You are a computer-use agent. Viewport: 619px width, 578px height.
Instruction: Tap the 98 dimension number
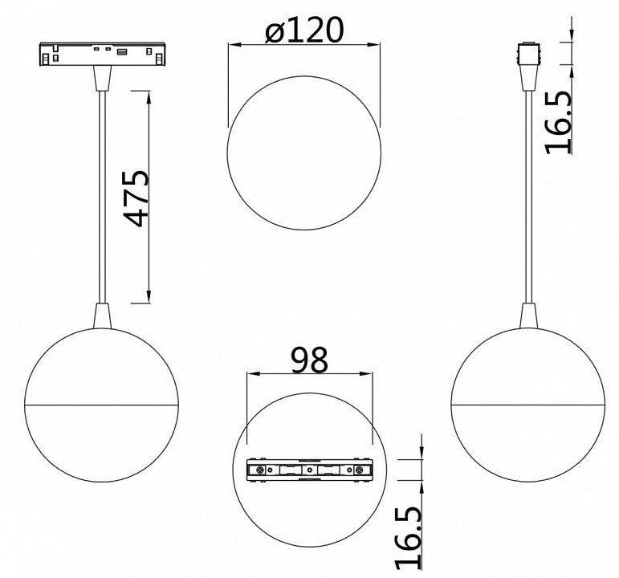pyautogui.click(x=310, y=360)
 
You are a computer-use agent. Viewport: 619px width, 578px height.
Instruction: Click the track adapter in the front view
pyautogui.click(x=102, y=55)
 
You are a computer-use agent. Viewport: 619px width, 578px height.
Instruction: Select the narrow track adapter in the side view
pyautogui.click(x=528, y=55)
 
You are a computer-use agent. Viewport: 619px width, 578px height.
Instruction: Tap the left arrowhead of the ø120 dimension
pyautogui.click(x=232, y=46)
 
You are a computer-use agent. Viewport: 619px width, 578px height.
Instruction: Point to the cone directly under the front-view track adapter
pyautogui.click(x=102, y=79)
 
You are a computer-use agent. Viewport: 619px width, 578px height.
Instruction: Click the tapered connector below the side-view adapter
pyautogui.click(x=528, y=79)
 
